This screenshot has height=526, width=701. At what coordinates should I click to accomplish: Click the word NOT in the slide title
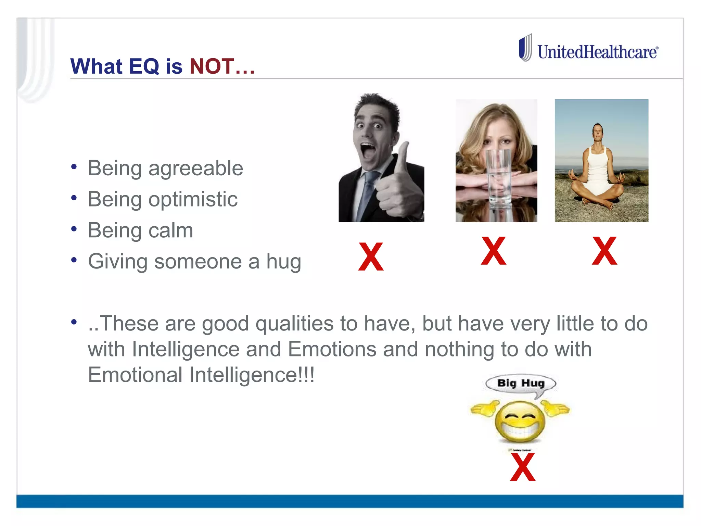212,66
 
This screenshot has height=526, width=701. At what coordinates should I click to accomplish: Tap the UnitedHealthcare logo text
597,52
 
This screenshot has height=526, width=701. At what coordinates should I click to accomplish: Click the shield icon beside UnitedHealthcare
525,48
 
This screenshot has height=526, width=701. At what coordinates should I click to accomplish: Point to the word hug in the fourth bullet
284,262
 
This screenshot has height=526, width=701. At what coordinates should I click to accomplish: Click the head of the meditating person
598,132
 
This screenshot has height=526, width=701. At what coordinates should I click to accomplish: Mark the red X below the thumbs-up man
371,257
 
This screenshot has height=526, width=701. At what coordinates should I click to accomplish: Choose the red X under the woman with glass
493,251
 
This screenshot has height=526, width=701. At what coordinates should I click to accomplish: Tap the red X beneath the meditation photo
604,251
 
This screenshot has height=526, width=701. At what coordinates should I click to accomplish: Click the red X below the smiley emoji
522,467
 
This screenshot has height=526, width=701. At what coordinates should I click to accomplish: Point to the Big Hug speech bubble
521,383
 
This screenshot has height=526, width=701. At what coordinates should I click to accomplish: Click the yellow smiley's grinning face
520,421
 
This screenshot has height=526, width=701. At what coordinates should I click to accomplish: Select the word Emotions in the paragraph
332,349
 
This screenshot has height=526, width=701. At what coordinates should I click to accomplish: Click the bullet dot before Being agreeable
74,167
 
